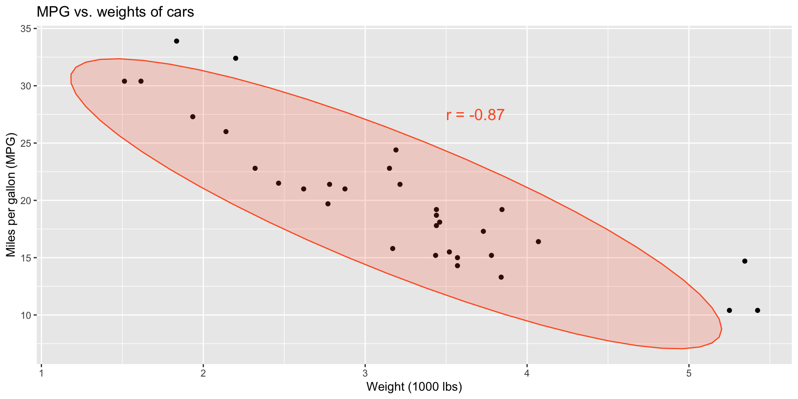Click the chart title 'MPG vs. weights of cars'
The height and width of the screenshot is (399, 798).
click(x=116, y=12)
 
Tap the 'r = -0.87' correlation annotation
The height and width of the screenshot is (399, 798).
click(x=475, y=115)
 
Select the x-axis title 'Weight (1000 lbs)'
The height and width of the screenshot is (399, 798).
click(x=414, y=387)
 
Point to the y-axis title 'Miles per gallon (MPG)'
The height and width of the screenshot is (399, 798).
click(x=11, y=195)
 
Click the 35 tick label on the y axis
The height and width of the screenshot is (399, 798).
click(x=26, y=29)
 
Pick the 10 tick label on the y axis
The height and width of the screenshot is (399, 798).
click(x=26, y=315)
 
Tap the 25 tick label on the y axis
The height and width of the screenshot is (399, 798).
click(x=26, y=143)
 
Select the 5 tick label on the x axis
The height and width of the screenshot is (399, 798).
click(x=689, y=373)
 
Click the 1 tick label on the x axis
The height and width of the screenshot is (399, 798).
click(x=41, y=373)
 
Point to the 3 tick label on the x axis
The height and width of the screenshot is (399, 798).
click(x=365, y=373)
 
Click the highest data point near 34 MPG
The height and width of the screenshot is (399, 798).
click(x=177, y=41)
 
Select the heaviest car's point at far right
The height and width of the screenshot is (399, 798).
click(x=757, y=310)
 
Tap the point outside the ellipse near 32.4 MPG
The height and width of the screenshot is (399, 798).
click(x=236, y=58)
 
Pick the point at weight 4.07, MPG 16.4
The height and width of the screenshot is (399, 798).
click(x=538, y=241)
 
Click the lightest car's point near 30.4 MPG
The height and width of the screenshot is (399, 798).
click(x=124, y=81)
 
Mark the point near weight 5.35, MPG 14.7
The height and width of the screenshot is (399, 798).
click(x=744, y=261)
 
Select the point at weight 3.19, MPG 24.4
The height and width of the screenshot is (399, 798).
click(x=396, y=150)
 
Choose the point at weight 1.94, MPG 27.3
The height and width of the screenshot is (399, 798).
click(x=193, y=117)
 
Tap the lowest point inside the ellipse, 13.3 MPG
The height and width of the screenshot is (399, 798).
click(x=501, y=277)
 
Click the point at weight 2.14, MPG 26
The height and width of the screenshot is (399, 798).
click(x=226, y=132)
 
